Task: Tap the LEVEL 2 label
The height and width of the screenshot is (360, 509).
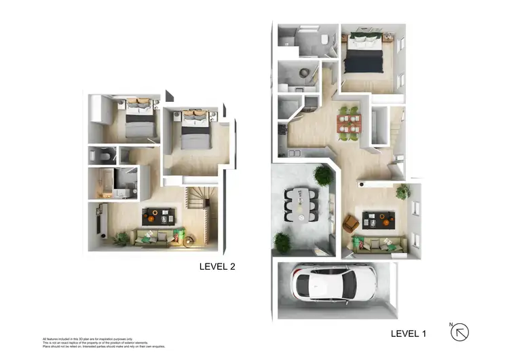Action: coord(217,266)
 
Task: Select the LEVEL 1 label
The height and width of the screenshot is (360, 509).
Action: coord(409,334)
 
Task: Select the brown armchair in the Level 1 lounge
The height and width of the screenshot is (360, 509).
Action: coord(351,223)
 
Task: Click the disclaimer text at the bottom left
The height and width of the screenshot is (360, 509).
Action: coord(102,342)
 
